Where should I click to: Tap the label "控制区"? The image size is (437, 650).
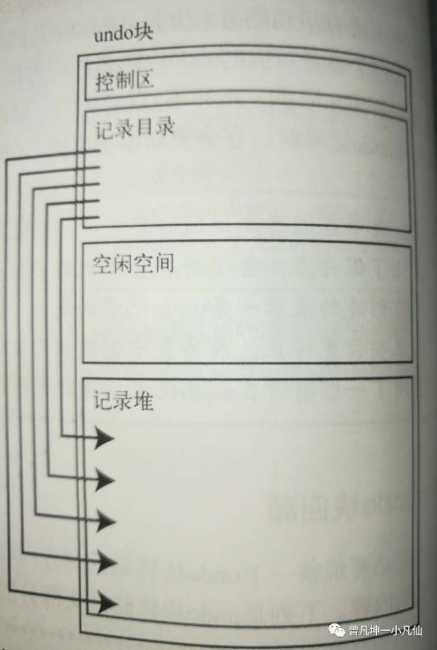pos(124,81)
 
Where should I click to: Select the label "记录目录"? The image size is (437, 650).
pos(135,128)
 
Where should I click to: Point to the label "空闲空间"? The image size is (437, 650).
pos(133,262)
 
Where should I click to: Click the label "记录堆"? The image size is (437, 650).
pos(124,401)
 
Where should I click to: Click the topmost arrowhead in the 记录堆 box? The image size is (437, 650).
pos(103,437)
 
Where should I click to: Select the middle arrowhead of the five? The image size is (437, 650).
pos(104,521)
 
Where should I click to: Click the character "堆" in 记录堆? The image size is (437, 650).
pos(143,401)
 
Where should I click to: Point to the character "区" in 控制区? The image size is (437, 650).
pos(143,81)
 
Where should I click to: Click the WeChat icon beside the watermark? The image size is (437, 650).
pos(338,631)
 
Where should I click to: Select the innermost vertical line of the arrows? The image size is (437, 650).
pos(61,328)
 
